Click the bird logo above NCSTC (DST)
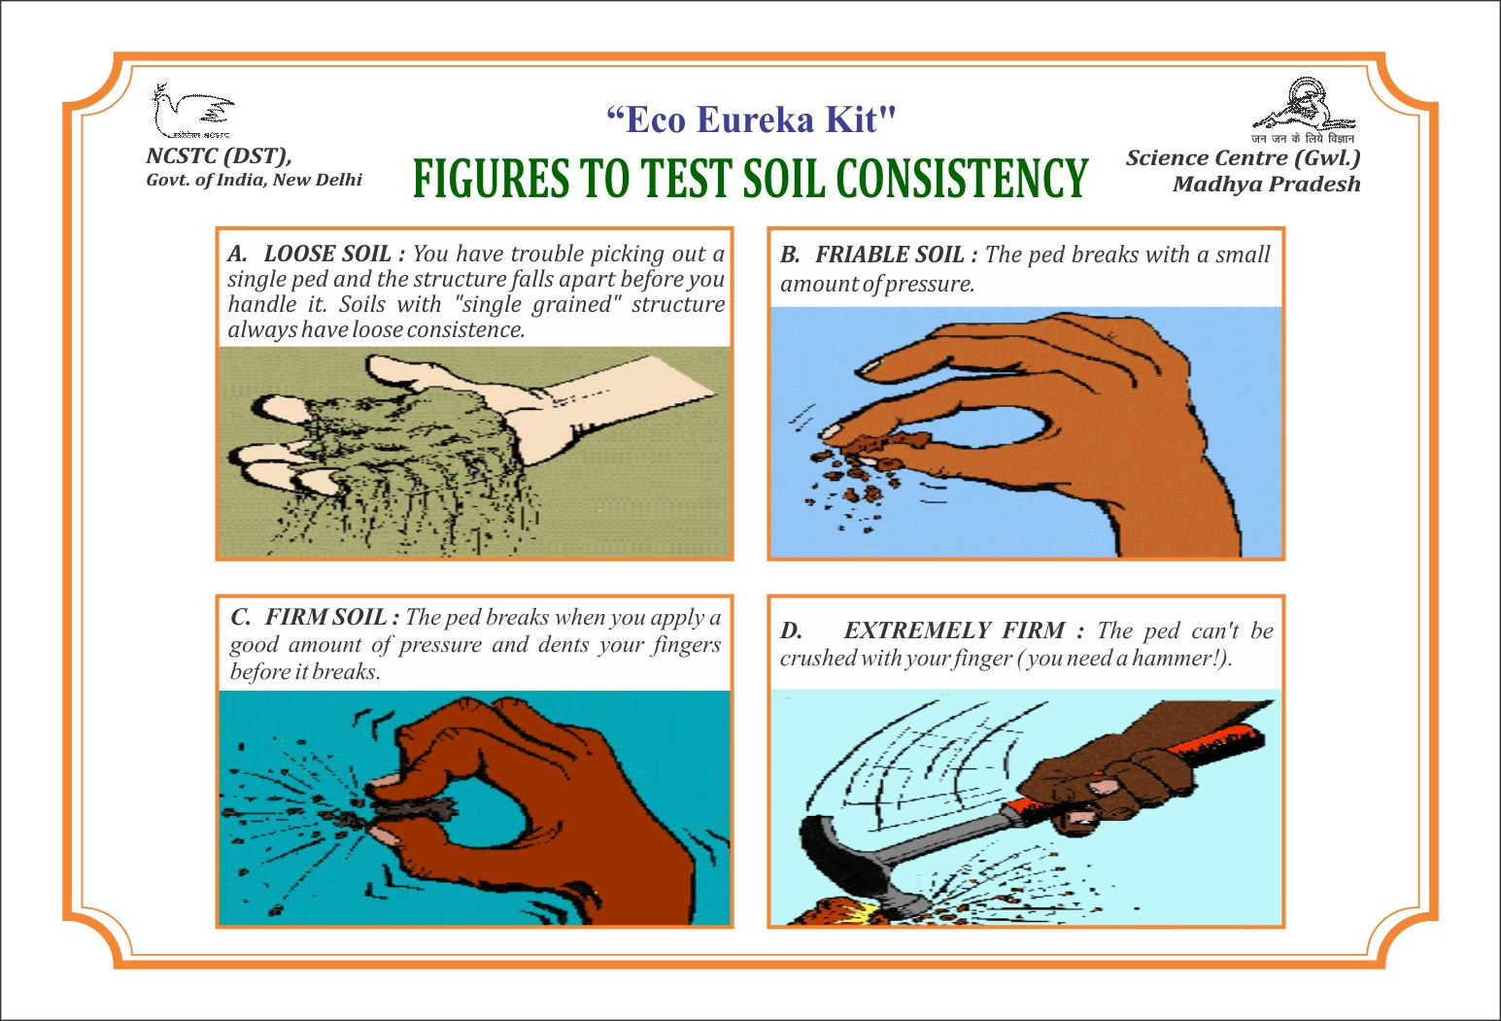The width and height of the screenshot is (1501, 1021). (x=193, y=111)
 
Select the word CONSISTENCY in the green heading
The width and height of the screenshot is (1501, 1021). (x=962, y=178)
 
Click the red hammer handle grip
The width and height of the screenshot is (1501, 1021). (x=1140, y=768)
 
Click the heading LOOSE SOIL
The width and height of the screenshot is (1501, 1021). (x=327, y=254)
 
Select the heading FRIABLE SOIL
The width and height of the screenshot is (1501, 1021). (x=890, y=255)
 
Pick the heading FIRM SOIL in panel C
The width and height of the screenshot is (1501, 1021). (x=325, y=617)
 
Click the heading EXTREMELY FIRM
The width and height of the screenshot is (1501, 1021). (x=954, y=630)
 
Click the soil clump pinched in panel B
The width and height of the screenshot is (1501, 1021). (x=884, y=443)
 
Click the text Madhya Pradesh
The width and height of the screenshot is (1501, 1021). (x=1267, y=185)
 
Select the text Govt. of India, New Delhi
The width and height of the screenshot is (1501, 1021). (x=254, y=180)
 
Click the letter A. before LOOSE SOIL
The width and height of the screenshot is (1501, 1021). (x=237, y=254)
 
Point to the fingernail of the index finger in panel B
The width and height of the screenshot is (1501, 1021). (x=832, y=432)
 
